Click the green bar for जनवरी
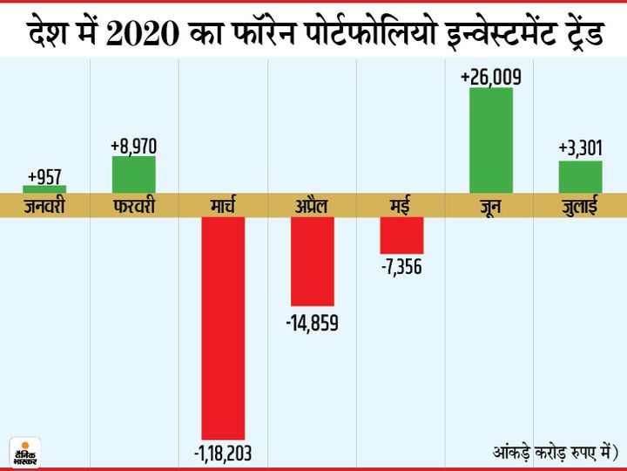[44, 188]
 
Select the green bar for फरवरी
[134, 174]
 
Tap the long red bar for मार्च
[223, 327]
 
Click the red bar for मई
[401, 235]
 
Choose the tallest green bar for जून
[491, 140]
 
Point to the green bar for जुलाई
[581, 176]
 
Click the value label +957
[44, 174]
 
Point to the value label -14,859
[313, 323]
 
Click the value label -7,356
[401, 267]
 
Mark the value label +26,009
[491, 78]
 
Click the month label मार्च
[223, 207]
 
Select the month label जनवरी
[44, 207]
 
